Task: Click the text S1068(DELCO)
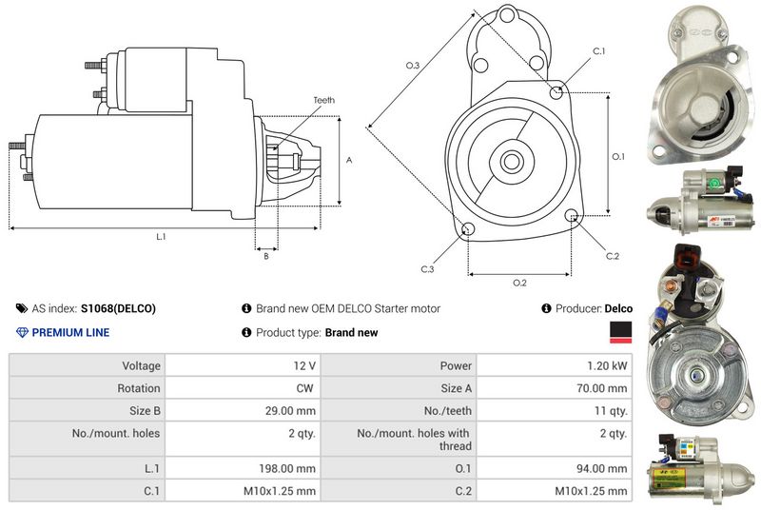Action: [x=118, y=308]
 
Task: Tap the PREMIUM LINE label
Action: [x=70, y=332]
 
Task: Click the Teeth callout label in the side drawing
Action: [x=323, y=100]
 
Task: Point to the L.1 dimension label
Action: [x=161, y=236]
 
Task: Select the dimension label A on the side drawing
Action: [x=349, y=161]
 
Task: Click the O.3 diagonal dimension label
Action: [x=413, y=65]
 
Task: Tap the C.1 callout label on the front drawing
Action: [x=599, y=49]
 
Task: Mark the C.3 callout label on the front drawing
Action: [x=427, y=270]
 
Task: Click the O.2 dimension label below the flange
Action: [x=519, y=283]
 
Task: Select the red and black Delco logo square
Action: [x=619, y=331]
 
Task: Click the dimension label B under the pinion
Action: [x=265, y=255]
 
